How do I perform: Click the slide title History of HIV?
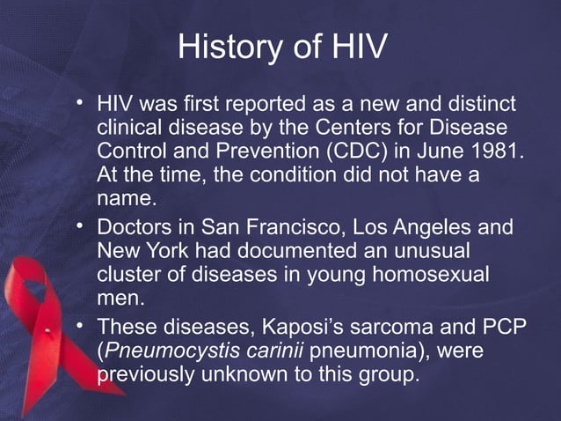point(280,47)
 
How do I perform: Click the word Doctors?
point(135,228)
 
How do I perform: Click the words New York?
point(136,251)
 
